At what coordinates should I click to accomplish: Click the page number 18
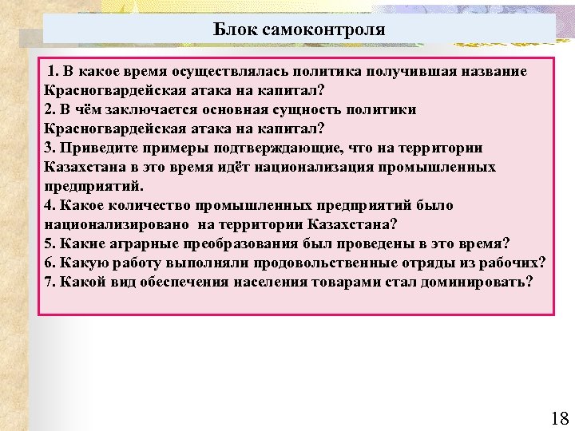[x=559, y=417]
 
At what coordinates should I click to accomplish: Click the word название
[x=490, y=72]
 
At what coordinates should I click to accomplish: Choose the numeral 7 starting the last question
[x=49, y=283]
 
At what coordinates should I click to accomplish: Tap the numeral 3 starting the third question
[x=49, y=148]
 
